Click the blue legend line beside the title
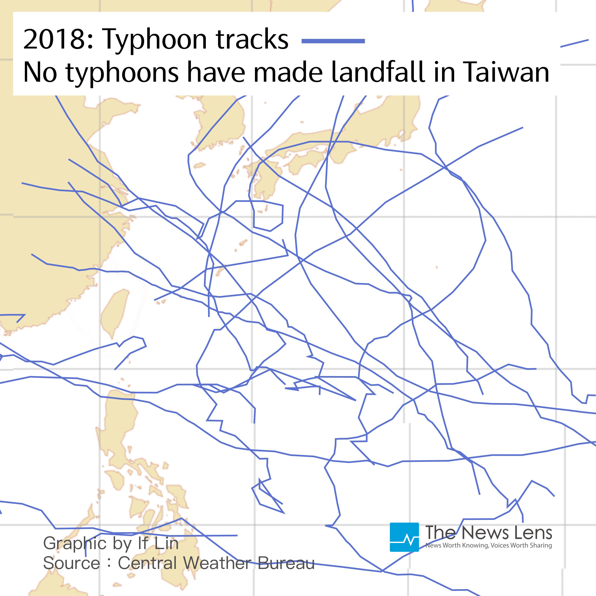333,41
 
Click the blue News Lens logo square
404,537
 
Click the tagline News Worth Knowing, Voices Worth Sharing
489,546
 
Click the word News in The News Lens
484,533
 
